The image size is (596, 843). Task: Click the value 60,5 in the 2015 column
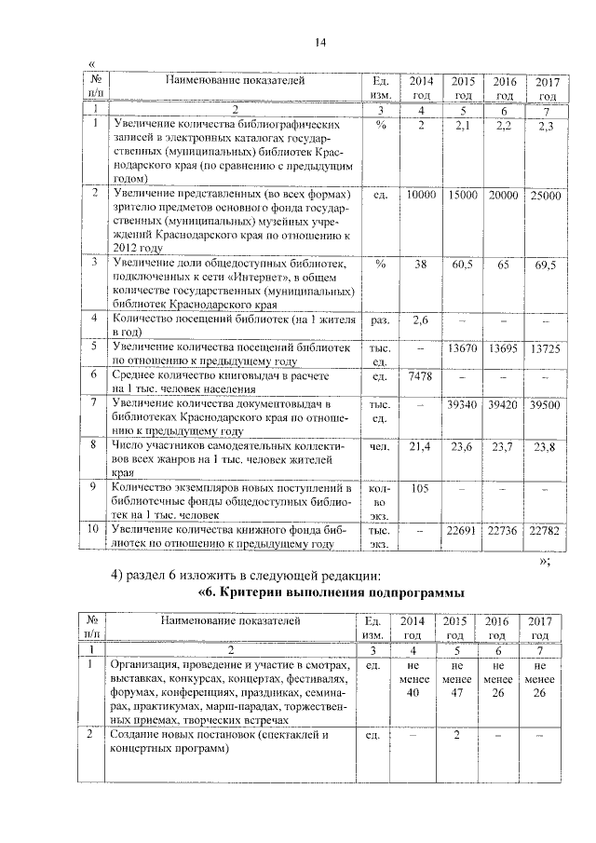point(463,265)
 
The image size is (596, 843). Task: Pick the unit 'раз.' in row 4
point(379,320)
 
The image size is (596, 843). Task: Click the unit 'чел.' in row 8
point(379,448)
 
